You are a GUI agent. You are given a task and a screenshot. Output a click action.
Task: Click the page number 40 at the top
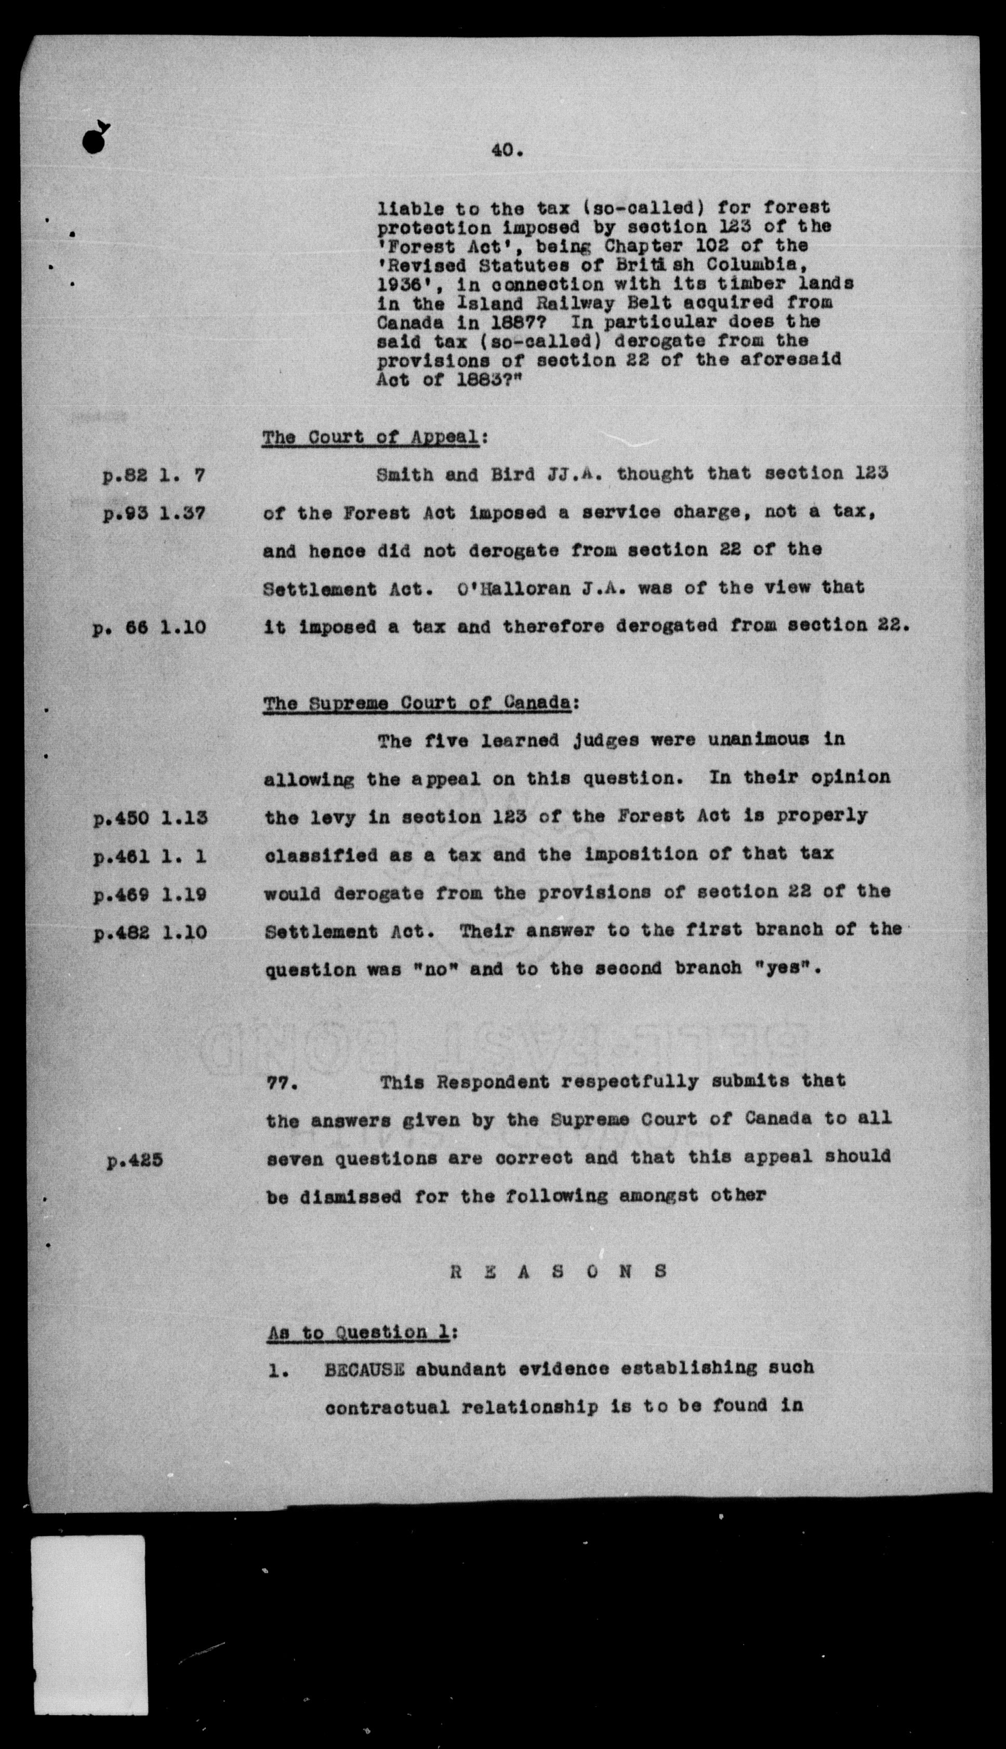pyautogui.click(x=507, y=149)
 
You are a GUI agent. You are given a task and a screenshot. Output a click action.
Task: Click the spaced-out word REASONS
pyautogui.click(x=560, y=1271)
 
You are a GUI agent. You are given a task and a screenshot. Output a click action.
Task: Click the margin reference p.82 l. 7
pyautogui.click(x=153, y=476)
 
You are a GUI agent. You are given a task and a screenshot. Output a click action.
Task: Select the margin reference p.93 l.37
pyautogui.click(x=153, y=514)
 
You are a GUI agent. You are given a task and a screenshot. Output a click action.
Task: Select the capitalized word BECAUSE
pyautogui.click(x=364, y=1368)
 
